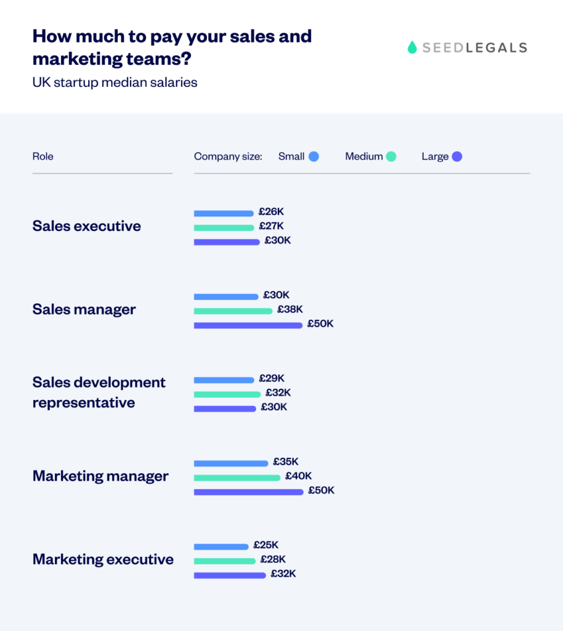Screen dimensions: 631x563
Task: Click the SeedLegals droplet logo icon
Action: tap(412, 47)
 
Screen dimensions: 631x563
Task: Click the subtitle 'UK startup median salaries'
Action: tap(115, 82)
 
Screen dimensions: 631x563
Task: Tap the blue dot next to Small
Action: tap(314, 157)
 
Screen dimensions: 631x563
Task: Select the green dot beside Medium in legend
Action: tap(391, 157)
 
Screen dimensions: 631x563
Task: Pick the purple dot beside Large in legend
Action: tap(456, 157)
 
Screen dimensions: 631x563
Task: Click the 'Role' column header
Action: tap(43, 157)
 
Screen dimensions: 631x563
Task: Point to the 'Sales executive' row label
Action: tap(86, 226)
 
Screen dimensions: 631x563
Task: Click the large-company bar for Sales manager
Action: tap(248, 325)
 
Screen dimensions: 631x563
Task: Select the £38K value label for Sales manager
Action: tap(290, 309)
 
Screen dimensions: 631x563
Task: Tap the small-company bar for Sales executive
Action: tap(224, 214)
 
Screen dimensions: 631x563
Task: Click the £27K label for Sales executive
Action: tap(271, 226)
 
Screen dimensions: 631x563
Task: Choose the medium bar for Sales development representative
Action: tap(227, 394)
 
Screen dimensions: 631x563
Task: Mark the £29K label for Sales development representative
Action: tap(272, 378)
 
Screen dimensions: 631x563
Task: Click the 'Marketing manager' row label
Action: tap(100, 476)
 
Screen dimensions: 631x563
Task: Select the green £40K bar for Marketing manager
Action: tap(237, 478)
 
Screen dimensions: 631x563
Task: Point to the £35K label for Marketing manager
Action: tap(286, 462)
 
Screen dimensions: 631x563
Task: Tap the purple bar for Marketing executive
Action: tap(230, 576)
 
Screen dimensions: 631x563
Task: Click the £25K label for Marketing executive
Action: tap(265, 545)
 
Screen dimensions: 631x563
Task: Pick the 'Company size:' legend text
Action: tap(228, 157)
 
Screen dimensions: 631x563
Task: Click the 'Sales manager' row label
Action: tap(84, 309)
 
